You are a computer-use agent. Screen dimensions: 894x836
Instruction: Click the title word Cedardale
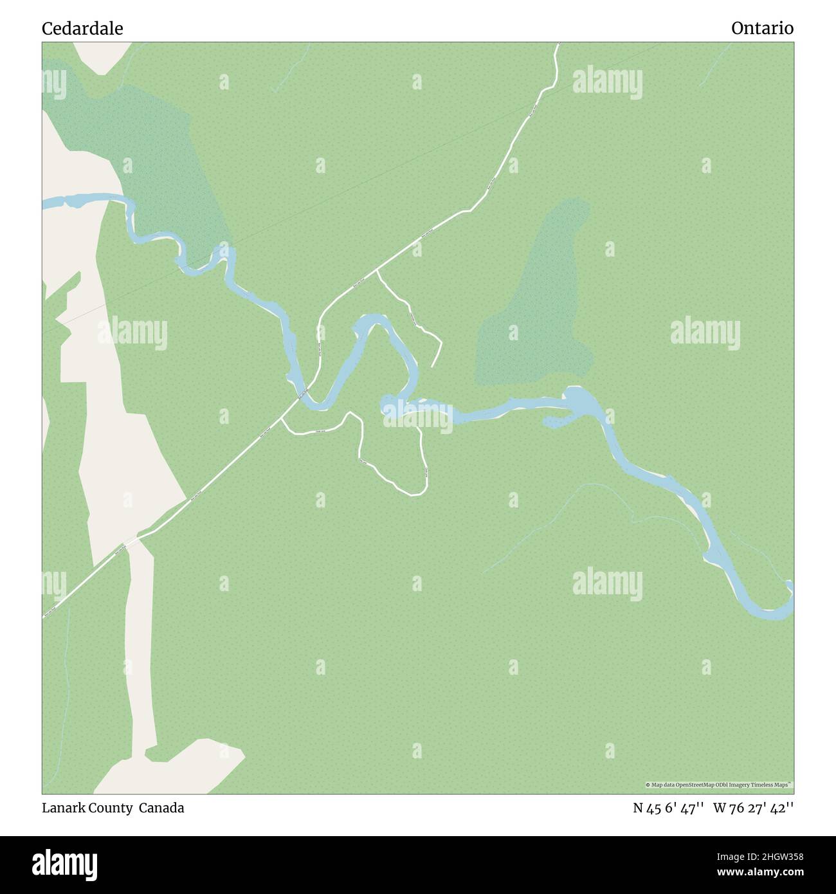[82, 28]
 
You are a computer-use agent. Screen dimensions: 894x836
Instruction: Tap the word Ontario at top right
[762, 28]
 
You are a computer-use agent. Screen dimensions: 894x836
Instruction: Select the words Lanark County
[87, 808]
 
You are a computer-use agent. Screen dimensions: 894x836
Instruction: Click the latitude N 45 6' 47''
[669, 808]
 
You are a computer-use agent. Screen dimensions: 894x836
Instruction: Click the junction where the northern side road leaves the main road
[376, 271]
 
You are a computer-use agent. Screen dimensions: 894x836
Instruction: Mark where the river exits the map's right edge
[790, 595]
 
